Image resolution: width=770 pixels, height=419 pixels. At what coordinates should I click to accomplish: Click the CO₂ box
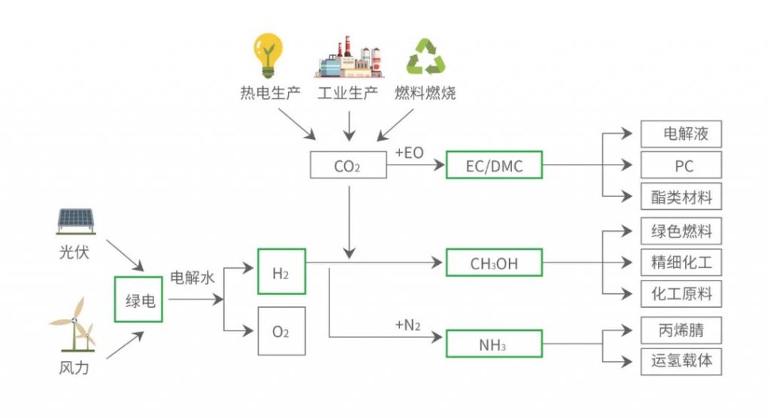(x=347, y=165)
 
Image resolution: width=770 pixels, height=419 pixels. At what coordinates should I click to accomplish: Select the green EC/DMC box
(x=494, y=165)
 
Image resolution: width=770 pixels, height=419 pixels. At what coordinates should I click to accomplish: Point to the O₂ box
(x=281, y=331)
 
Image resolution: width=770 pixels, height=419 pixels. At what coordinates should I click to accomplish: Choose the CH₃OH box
(x=494, y=263)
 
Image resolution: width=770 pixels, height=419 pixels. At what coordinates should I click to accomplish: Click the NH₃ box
(x=494, y=345)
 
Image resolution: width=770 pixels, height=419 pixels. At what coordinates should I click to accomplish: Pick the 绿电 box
(x=138, y=299)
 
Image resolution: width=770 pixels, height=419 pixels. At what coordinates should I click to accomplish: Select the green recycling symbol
(x=426, y=57)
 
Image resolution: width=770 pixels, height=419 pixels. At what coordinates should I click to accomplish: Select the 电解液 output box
(x=681, y=134)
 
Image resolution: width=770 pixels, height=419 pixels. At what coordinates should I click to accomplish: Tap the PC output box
(x=681, y=165)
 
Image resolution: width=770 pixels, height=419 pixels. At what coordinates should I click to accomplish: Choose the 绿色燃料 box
(x=681, y=232)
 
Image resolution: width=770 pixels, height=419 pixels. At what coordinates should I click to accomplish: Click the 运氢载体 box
(x=681, y=361)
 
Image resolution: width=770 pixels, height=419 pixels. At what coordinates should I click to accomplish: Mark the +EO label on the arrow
(x=409, y=153)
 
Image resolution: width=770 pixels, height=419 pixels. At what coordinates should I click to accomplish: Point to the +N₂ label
(x=408, y=325)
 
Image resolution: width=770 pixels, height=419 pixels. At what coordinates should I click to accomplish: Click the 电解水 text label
(x=192, y=278)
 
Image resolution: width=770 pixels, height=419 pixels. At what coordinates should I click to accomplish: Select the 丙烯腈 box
(x=681, y=329)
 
